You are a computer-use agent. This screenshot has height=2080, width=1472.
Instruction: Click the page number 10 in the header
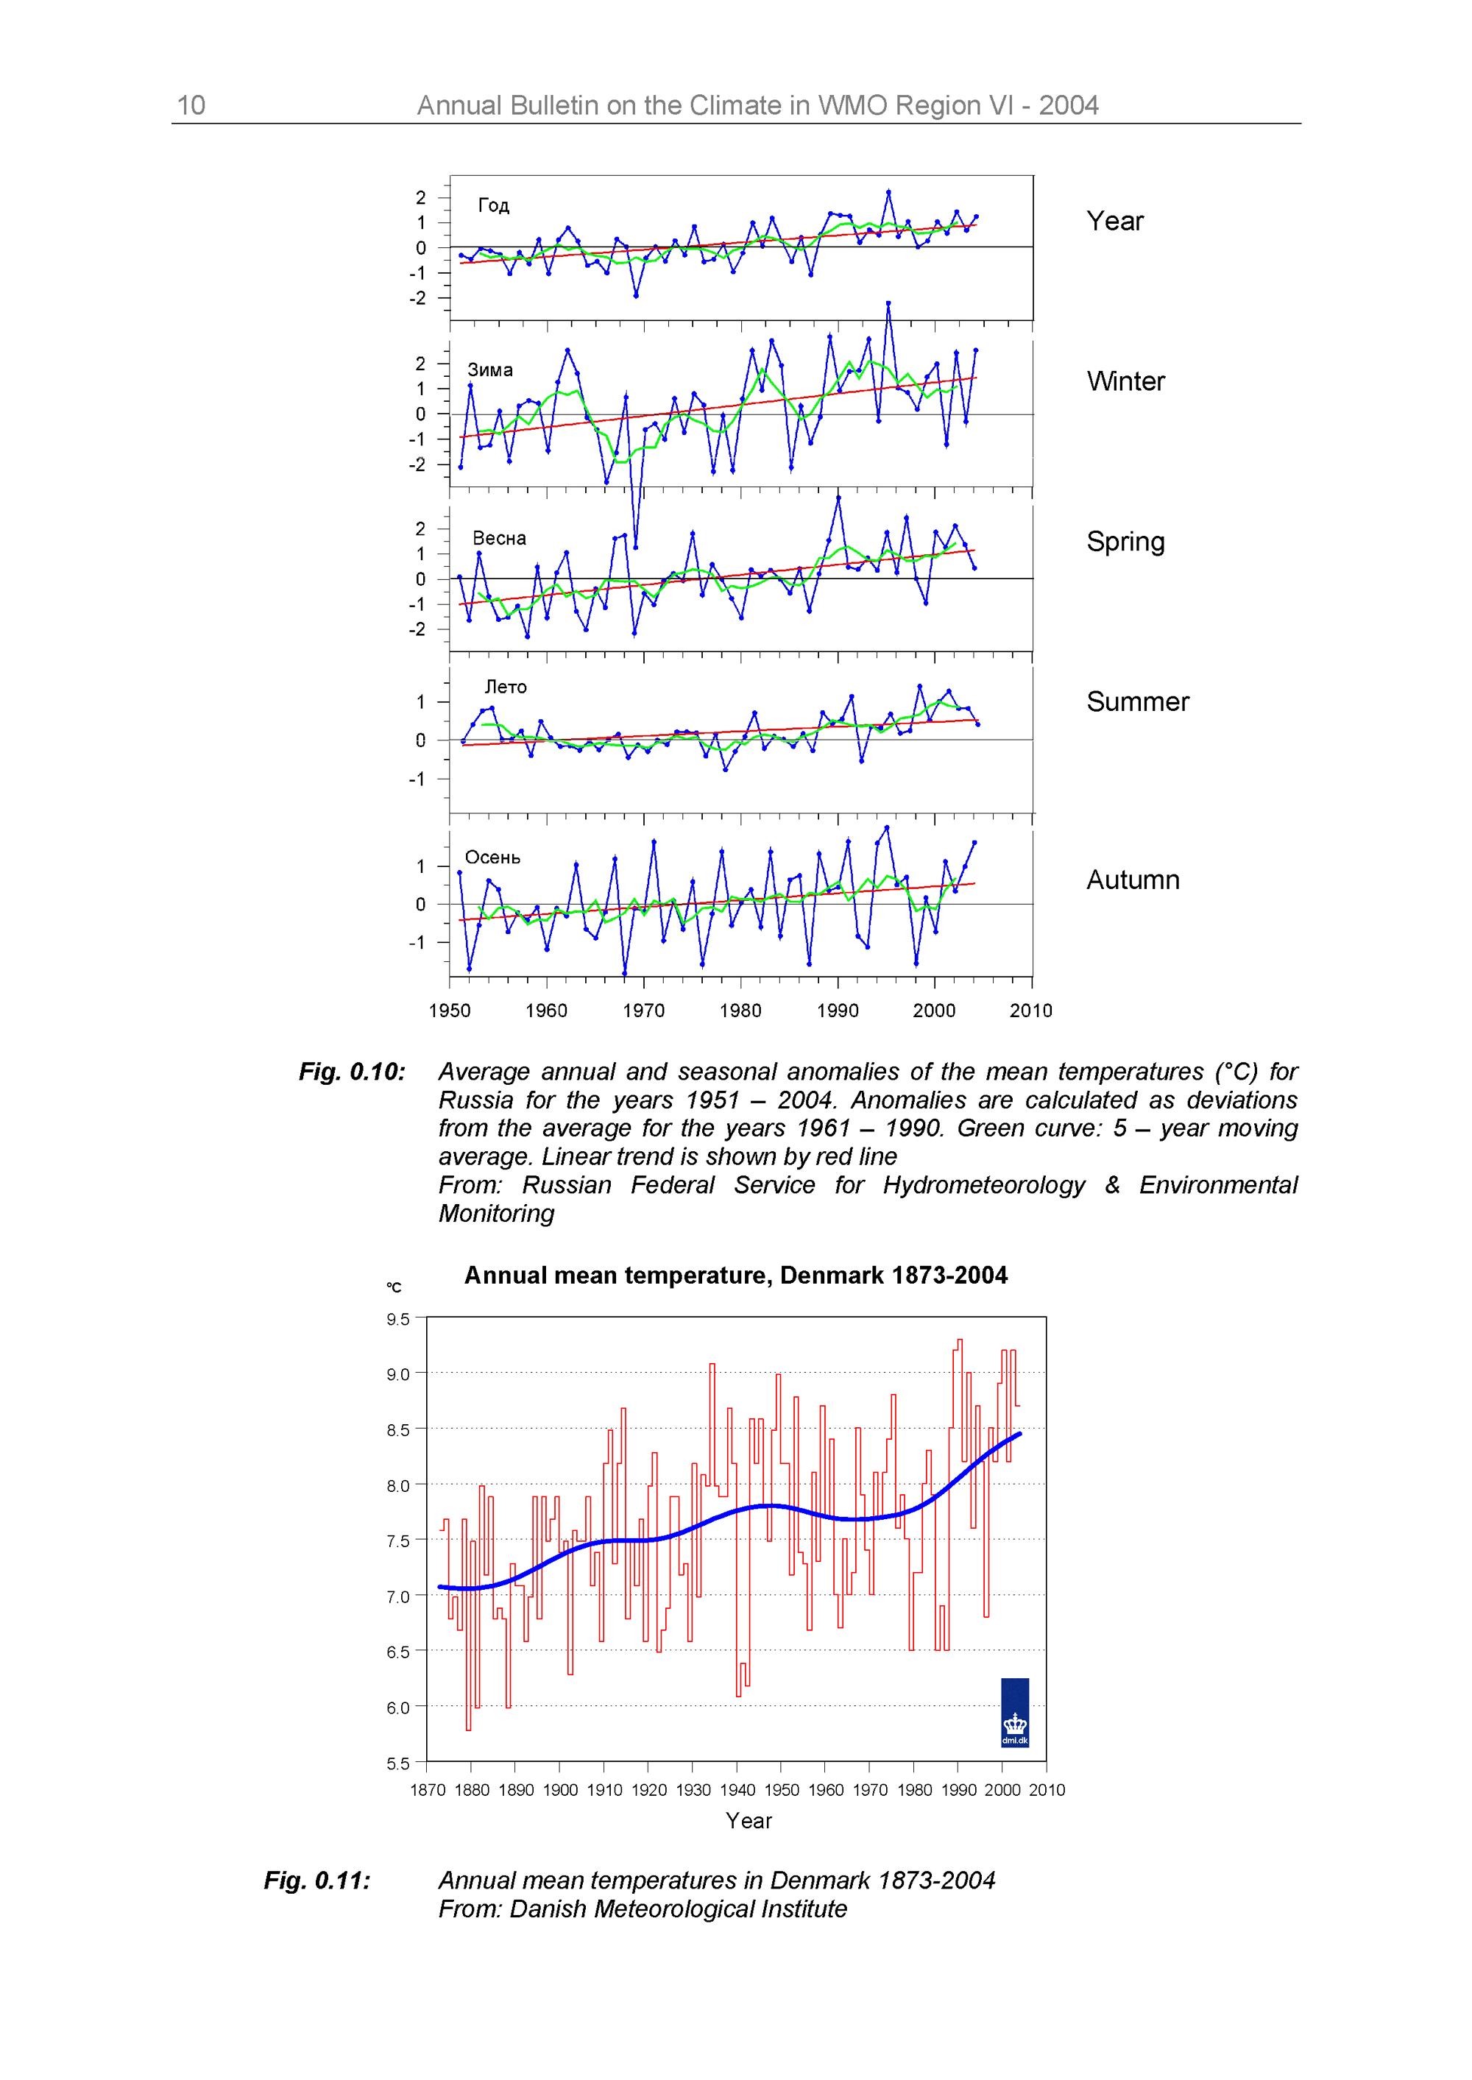(191, 106)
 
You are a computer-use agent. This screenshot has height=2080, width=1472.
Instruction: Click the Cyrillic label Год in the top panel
(494, 206)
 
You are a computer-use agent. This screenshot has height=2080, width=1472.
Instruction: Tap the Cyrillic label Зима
(490, 369)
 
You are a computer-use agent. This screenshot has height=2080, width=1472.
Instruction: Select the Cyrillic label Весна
(500, 537)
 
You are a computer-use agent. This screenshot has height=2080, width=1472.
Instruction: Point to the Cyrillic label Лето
(506, 687)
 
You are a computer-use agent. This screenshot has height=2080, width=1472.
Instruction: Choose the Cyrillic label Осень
(493, 857)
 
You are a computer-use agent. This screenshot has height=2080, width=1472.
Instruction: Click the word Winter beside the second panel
(1126, 381)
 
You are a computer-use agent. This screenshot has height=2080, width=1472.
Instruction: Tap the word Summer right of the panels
(1138, 701)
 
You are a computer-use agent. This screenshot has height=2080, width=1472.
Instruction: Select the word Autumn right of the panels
(1133, 880)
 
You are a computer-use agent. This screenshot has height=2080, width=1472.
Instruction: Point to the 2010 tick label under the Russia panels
(1030, 1011)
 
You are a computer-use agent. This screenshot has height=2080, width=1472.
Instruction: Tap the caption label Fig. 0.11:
(317, 1881)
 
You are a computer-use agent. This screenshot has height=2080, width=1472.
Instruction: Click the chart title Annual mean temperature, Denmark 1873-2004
(735, 1276)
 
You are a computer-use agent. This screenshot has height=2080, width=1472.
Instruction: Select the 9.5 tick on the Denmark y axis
(399, 1320)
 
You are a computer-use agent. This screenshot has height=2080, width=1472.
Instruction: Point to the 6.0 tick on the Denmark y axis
(399, 1708)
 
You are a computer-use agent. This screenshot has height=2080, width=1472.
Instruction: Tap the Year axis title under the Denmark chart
(749, 1821)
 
